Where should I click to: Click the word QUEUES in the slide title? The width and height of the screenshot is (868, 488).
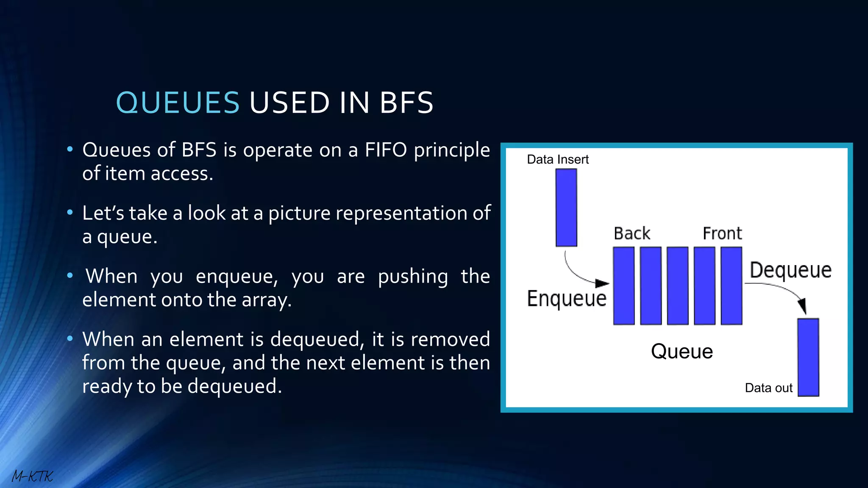[178, 103]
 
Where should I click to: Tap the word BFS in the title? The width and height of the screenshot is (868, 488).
[406, 103]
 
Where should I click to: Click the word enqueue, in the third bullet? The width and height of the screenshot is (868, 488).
[236, 277]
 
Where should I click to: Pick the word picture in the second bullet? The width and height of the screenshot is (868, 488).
[299, 213]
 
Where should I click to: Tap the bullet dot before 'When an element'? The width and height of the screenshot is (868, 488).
[70, 338]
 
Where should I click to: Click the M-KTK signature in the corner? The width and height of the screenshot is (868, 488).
[32, 476]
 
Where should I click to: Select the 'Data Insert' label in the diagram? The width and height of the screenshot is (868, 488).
[558, 160]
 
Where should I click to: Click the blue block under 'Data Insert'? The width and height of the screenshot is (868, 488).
[566, 208]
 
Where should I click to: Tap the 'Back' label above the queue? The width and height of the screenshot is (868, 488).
[632, 233]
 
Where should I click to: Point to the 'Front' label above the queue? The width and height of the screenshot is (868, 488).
[722, 233]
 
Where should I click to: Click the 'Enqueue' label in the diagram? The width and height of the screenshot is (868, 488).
[567, 299]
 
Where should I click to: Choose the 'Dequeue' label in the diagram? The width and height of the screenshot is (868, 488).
[790, 270]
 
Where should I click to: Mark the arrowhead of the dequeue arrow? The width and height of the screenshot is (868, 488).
[802, 306]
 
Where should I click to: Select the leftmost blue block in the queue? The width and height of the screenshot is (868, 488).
[624, 286]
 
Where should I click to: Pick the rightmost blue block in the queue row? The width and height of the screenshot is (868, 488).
[732, 286]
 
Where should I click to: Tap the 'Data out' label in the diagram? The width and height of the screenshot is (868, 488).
[768, 388]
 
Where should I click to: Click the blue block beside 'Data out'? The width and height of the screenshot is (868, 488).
[808, 358]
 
